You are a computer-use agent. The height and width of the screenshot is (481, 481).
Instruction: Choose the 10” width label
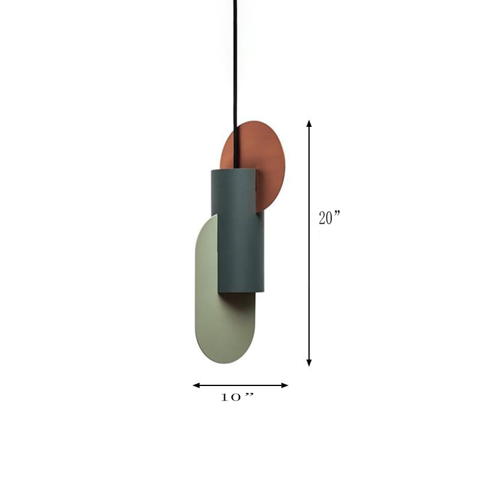(x=238, y=397)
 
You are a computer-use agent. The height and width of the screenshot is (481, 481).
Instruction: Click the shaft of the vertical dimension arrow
(x=309, y=271)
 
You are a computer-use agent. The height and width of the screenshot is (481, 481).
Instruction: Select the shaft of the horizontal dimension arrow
(x=240, y=385)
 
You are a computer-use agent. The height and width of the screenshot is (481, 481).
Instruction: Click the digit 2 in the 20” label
(x=323, y=218)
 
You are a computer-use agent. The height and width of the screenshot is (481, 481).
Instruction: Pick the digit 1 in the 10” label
(x=225, y=397)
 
